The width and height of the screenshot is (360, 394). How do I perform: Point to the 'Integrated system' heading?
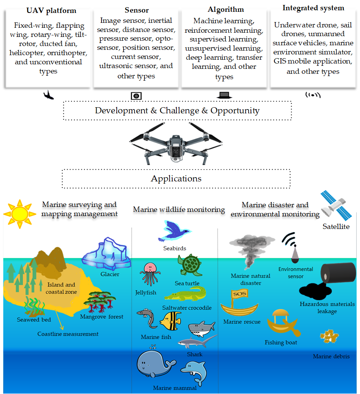click(x=313, y=8)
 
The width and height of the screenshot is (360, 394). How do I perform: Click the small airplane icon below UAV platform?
click(x=48, y=95)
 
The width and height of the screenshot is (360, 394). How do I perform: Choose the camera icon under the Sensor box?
click(x=136, y=96)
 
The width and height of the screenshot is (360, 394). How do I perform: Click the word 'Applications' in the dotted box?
click(x=176, y=178)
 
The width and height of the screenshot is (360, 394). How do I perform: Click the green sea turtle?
click(x=189, y=265)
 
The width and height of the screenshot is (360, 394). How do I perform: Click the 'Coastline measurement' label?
click(x=68, y=334)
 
